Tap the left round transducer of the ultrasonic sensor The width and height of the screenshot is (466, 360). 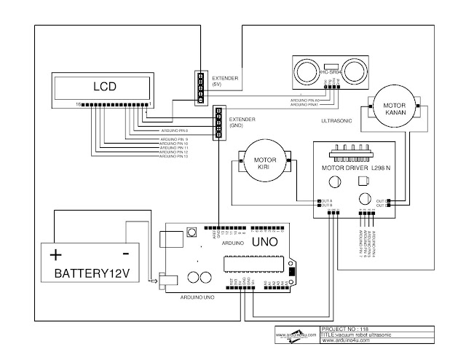[304, 71]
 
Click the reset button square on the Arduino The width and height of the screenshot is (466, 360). [193, 232]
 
